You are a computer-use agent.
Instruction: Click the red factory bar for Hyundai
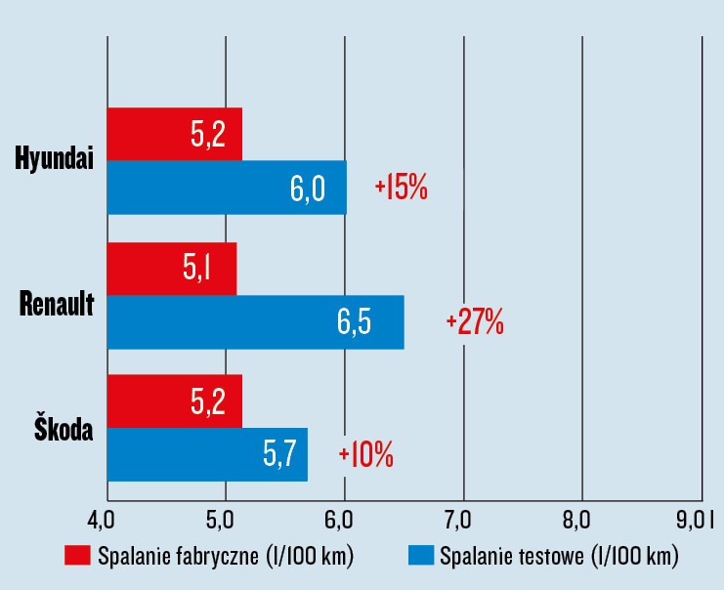coord(174,135)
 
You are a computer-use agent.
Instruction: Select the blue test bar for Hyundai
coord(227,188)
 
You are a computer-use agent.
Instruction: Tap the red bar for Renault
coord(172,269)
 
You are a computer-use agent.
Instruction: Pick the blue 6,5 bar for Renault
coord(255,321)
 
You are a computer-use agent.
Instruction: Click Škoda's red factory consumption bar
coord(174,401)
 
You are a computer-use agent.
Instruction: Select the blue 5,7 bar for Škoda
coord(207,454)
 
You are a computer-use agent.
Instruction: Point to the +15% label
coord(401,189)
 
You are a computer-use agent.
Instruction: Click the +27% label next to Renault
coord(475,322)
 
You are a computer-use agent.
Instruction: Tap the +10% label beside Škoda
coord(365,455)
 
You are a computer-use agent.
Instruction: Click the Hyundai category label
coord(55,161)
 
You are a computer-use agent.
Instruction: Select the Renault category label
coord(57,304)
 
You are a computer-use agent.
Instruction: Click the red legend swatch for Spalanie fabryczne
coord(77,557)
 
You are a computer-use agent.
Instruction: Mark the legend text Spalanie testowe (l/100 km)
coord(559,557)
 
